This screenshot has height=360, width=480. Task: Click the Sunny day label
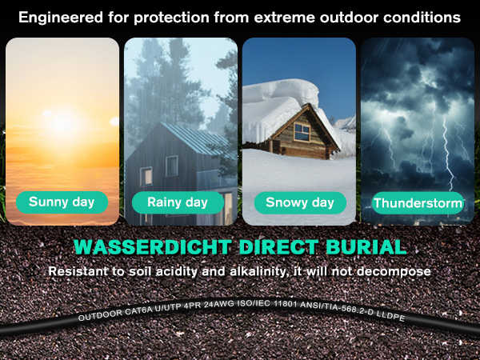coord(62,202)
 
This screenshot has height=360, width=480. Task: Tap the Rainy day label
coord(178,202)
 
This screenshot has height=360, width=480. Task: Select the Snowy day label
coord(300,202)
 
